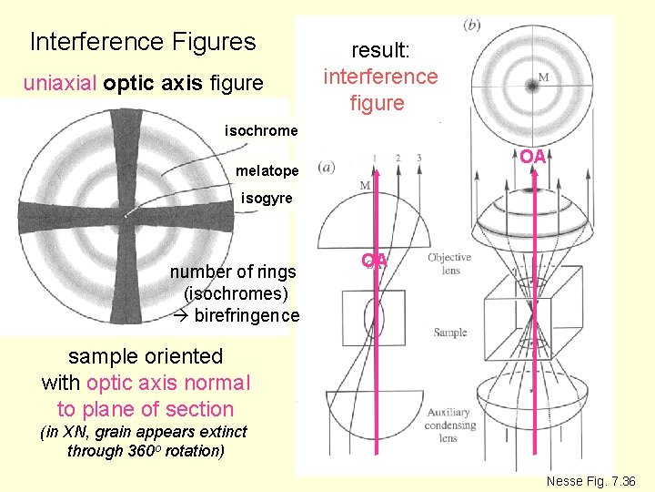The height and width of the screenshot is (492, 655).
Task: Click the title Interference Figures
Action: pos(143,42)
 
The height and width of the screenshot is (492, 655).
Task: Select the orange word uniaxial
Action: pos(61,85)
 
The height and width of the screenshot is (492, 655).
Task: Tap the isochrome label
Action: pos(261,131)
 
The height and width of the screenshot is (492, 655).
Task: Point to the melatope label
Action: pos(267,170)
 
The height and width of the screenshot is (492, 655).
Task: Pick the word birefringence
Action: pos(247,315)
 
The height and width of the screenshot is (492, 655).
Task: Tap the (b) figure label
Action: pos(472,25)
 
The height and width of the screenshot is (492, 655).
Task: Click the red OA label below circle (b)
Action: pos(533,157)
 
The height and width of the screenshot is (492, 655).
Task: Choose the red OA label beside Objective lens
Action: pos(375,261)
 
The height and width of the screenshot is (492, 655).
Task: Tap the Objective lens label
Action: pos(449,264)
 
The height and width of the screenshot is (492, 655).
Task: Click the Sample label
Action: pos(449,333)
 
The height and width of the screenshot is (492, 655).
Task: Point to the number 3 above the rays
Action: pos(418,159)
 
